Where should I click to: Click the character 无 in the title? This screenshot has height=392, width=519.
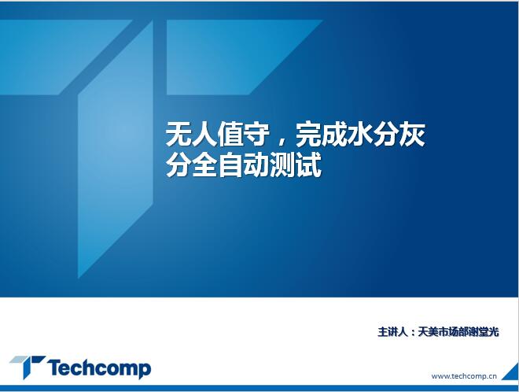click(179, 134)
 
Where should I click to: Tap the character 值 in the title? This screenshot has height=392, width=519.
click(230, 134)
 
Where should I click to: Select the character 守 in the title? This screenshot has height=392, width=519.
click(256, 134)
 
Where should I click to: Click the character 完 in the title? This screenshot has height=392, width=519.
click(308, 134)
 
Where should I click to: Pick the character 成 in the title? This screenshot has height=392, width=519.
click(334, 134)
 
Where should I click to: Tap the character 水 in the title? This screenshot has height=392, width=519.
click(360, 134)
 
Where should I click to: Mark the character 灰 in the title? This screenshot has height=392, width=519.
click(412, 134)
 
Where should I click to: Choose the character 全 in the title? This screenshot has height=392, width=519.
click(204, 165)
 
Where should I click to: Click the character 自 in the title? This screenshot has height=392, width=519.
click(230, 165)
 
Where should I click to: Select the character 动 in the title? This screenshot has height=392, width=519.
click(256, 165)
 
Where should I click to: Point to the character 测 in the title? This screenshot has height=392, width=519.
click(282, 165)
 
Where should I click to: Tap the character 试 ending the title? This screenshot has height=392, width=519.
click(308, 165)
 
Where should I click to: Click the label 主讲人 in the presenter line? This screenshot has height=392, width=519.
click(392, 331)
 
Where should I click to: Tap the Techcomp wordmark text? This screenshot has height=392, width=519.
click(99, 368)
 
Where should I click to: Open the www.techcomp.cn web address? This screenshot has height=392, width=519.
click(464, 376)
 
